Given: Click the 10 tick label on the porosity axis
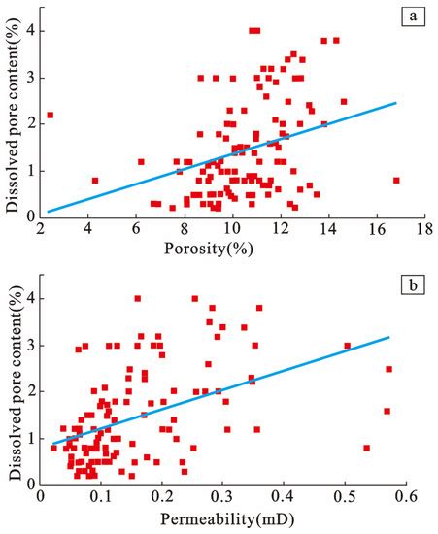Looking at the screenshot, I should point(232,231).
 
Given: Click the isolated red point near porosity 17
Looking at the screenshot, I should point(396,181).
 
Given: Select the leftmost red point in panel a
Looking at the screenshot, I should point(50,116).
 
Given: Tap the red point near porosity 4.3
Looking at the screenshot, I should point(95,181).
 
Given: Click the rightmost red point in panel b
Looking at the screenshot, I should point(388,369).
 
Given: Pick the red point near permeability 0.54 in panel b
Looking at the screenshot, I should point(366,448).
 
